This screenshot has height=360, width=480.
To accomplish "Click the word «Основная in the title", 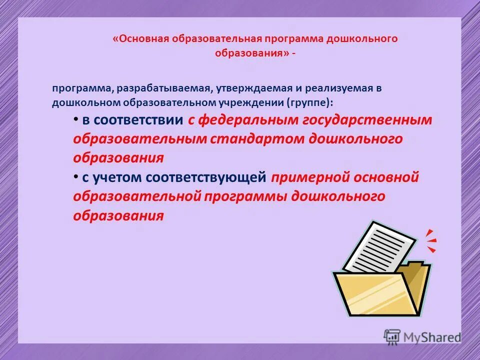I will pyautogui.click(x=142, y=39).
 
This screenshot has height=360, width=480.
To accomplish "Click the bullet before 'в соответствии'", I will pyautogui.click(x=75, y=119).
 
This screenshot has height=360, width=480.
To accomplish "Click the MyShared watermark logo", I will pyautogui.click(x=422, y=337).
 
